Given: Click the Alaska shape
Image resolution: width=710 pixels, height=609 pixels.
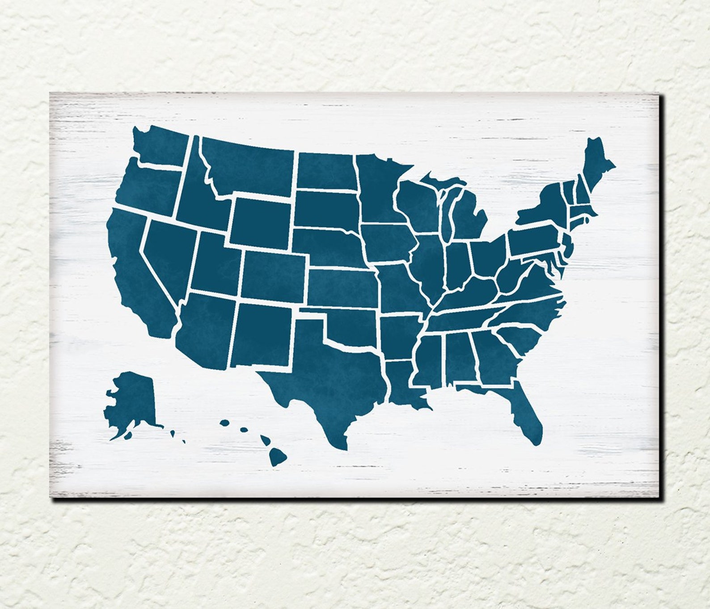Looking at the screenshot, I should click(132, 398).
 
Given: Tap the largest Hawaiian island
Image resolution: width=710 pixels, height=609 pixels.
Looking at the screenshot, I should click(279, 456).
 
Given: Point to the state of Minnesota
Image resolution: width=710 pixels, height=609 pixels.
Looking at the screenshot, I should click(378, 188).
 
